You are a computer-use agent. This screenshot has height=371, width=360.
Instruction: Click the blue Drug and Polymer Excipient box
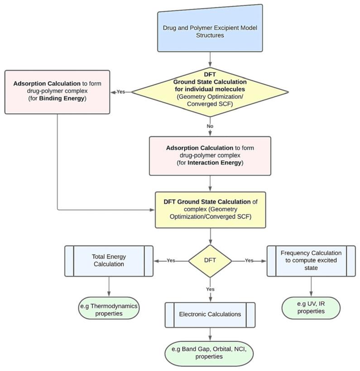(x=210, y=28)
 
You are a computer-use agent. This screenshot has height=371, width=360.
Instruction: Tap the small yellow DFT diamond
(x=210, y=261)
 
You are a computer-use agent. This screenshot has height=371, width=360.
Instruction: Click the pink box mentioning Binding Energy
(x=57, y=92)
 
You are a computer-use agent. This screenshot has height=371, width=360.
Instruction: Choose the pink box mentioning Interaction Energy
(x=210, y=156)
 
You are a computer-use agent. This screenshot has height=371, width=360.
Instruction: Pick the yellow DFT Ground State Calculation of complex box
(x=210, y=209)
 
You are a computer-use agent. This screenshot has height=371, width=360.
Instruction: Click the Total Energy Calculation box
(x=109, y=261)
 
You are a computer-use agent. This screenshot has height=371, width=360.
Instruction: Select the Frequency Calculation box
(x=311, y=261)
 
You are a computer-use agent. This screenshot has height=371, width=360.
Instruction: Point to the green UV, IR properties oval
(x=311, y=308)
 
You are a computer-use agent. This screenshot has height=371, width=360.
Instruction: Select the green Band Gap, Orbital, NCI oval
(x=210, y=352)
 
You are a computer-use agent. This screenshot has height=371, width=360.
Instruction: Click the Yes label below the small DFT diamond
(x=210, y=289)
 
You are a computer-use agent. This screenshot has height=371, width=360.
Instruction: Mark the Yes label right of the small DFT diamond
(x=249, y=261)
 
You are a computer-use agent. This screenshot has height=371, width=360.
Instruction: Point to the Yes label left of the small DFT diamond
(x=171, y=261)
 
